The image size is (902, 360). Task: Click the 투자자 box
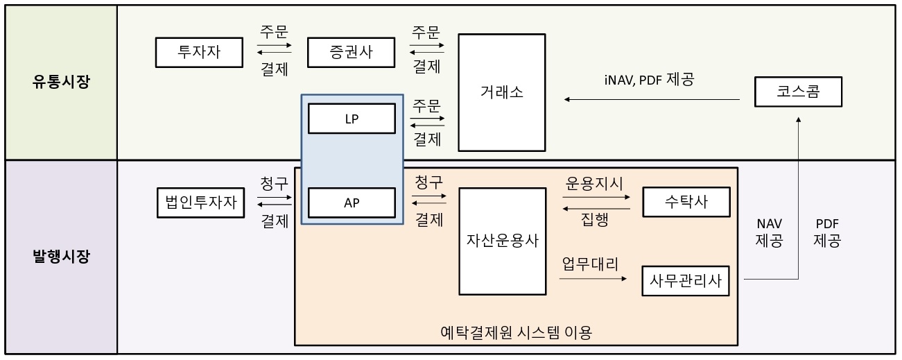200,51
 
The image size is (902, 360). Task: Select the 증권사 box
351,51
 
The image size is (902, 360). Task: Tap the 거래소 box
502,92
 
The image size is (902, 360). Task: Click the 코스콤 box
798,92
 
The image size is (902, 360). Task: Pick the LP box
352,119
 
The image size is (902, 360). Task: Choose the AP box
352,203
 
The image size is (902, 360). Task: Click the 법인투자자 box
201,203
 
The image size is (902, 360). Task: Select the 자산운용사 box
502,241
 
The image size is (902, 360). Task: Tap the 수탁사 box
686,202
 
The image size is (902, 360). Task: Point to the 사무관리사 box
686,280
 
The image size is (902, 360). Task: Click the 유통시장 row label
61,83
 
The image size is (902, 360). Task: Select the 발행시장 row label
61,257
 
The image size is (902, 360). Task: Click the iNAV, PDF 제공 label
648,79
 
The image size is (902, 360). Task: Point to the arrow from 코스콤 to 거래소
652,100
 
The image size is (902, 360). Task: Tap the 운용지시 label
595,183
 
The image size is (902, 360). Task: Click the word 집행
595,220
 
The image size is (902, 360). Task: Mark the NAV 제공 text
769,232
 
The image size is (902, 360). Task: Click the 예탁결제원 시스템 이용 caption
517,333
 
